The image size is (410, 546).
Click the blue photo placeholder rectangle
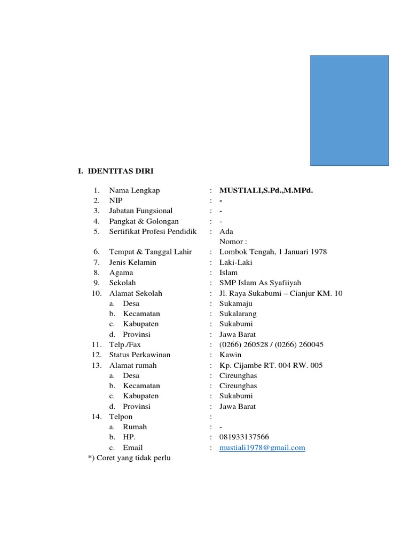coord(350,110)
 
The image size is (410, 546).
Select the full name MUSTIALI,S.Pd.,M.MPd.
coord(266,190)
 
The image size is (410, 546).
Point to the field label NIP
coord(116,200)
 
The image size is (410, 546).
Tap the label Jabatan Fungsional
coord(141,211)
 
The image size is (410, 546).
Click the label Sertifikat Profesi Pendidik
coord(153,231)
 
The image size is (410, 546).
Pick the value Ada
coord(226,231)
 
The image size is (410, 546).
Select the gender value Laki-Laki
coord(236,262)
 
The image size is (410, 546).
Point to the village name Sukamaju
coord(236,303)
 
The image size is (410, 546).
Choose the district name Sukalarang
coord(239,314)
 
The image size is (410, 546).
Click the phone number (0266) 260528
coord(245,344)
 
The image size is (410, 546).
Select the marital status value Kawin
coord(230,355)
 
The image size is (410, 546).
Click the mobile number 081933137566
coord(244,437)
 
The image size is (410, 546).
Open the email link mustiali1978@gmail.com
coord(262,448)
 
